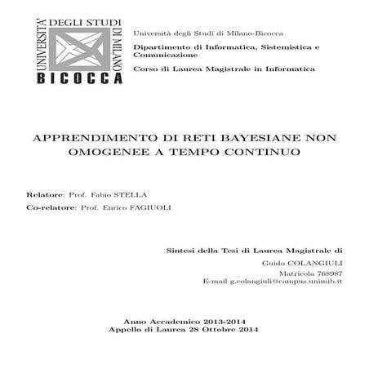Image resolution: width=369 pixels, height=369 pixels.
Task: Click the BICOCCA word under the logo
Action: (x=79, y=79)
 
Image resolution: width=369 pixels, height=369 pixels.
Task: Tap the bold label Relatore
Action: (x=45, y=196)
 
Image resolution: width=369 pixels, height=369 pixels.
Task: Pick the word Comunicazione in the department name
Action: (x=166, y=55)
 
